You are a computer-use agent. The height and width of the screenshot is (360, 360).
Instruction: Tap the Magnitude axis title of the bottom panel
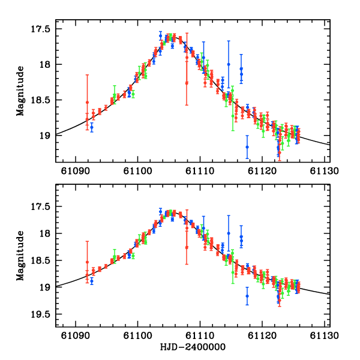[x=20, y=256]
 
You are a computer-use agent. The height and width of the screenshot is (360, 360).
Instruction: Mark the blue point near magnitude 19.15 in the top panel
[x=247, y=147]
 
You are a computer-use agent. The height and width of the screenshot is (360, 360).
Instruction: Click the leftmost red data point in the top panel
[x=87, y=102]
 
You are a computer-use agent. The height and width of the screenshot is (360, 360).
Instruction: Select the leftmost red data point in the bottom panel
[x=87, y=262]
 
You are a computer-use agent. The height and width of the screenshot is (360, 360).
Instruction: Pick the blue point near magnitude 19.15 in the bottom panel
[x=247, y=296]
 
